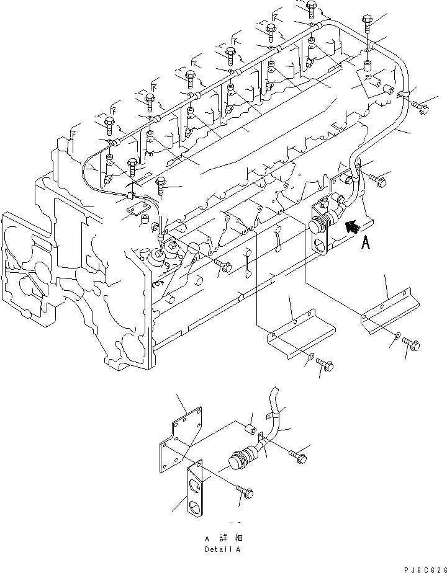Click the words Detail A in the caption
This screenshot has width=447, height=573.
[223, 549]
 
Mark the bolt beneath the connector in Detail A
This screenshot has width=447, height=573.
[243, 491]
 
